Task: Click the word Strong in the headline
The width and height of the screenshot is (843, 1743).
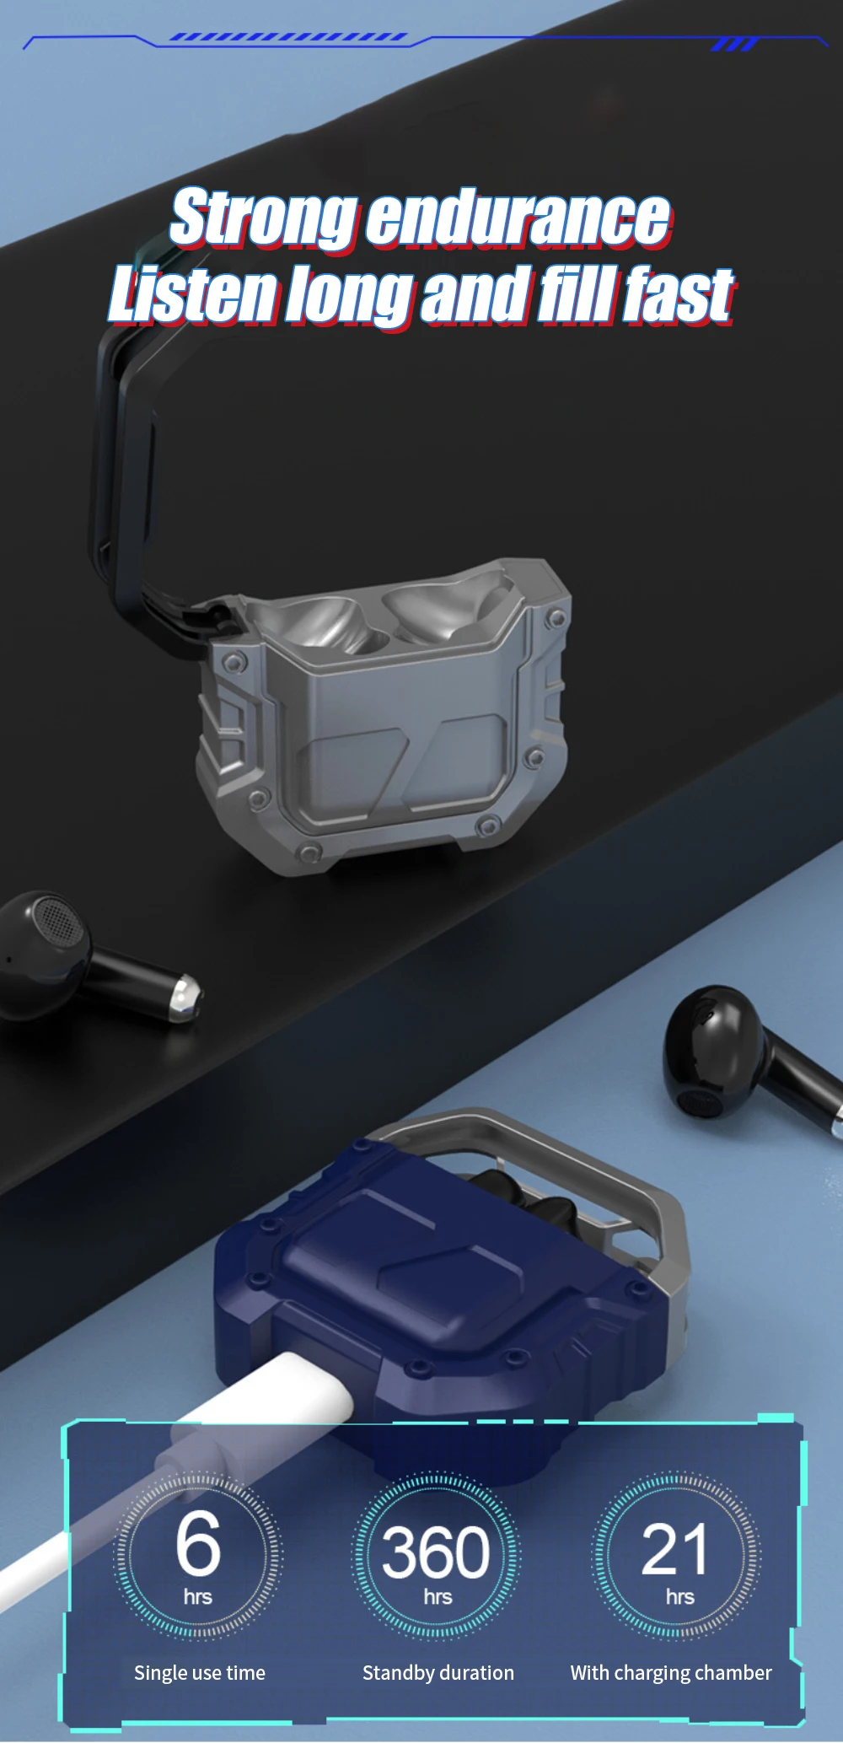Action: coord(264,218)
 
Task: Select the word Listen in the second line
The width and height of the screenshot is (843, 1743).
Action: coord(194,294)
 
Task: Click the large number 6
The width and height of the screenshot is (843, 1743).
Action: coord(198,1543)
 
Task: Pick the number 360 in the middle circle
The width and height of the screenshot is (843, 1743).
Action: coord(436,1552)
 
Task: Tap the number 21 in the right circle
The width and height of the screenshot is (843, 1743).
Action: coord(674,1550)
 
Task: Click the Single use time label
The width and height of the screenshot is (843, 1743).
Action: coord(200,1673)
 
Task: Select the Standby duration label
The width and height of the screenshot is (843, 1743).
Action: coord(438,1673)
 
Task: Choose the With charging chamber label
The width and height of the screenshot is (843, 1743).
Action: coord(671,1674)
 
